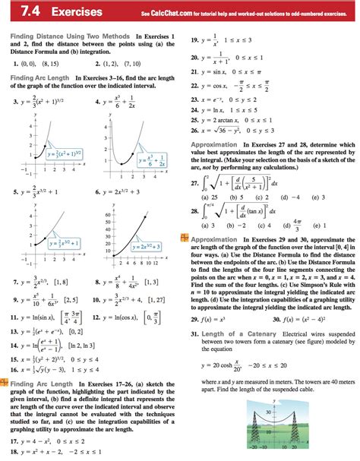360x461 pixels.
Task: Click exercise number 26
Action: click(x=195, y=130)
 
